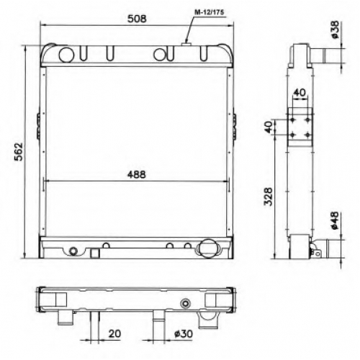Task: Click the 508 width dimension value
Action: pos(137,19)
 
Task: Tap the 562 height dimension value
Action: pos(19,152)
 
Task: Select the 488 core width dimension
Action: pos(136,174)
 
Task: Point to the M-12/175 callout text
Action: pos(209,12)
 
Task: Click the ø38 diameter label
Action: pos(335,30)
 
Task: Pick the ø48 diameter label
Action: pos(335,220)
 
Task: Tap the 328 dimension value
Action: pos(269,197)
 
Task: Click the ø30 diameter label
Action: pos(184,333)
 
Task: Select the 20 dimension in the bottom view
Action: pos(114,333)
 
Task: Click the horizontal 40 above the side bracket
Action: pos(300,92)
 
